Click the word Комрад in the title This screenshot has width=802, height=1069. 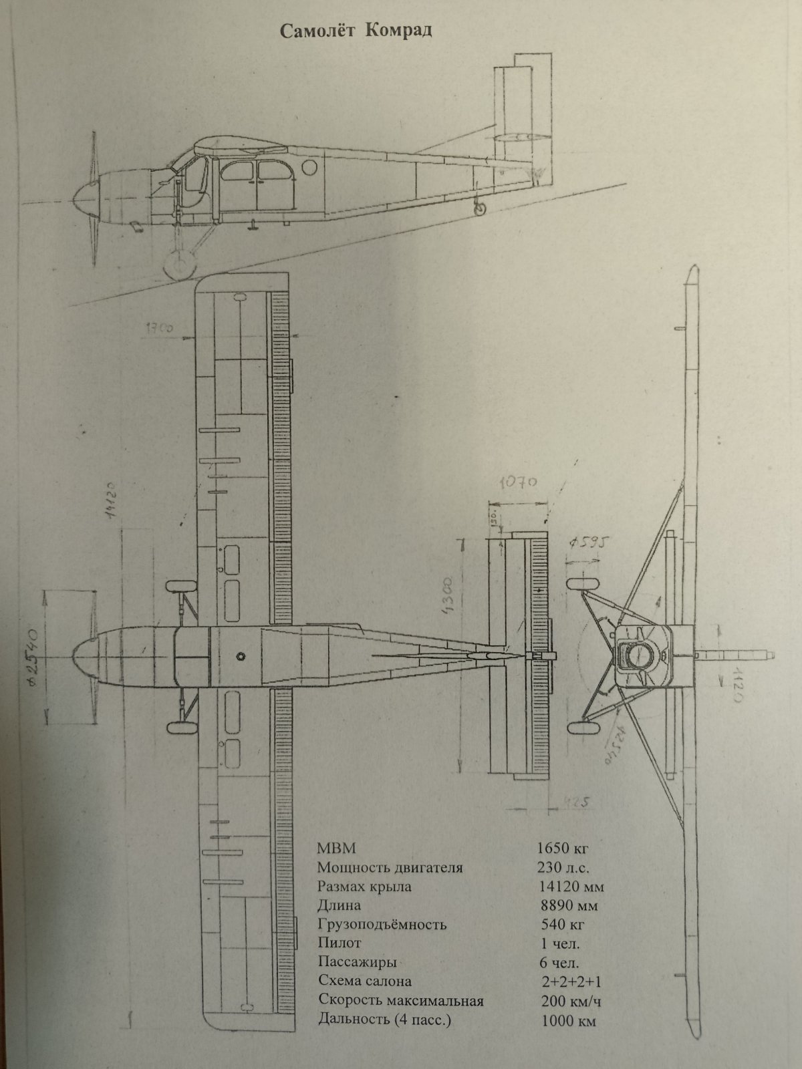(x=399, y=31)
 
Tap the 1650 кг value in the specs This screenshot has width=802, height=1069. (x=562, y=849)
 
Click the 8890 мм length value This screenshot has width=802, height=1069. (x=569, y=906)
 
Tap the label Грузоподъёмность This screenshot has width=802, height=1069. (x=382, y=925)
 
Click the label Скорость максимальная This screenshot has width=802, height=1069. (x=400, y=1000)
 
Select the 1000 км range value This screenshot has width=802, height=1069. (x=569, y=1020)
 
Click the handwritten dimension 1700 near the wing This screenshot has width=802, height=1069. (x=158, y=328)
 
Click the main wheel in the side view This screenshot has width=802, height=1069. (x=178, y=265)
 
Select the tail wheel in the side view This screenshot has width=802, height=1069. (x=479, y=210)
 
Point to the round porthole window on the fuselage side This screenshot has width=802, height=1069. (x=309, y=166)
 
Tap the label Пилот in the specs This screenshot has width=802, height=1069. (x=339, y=943)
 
